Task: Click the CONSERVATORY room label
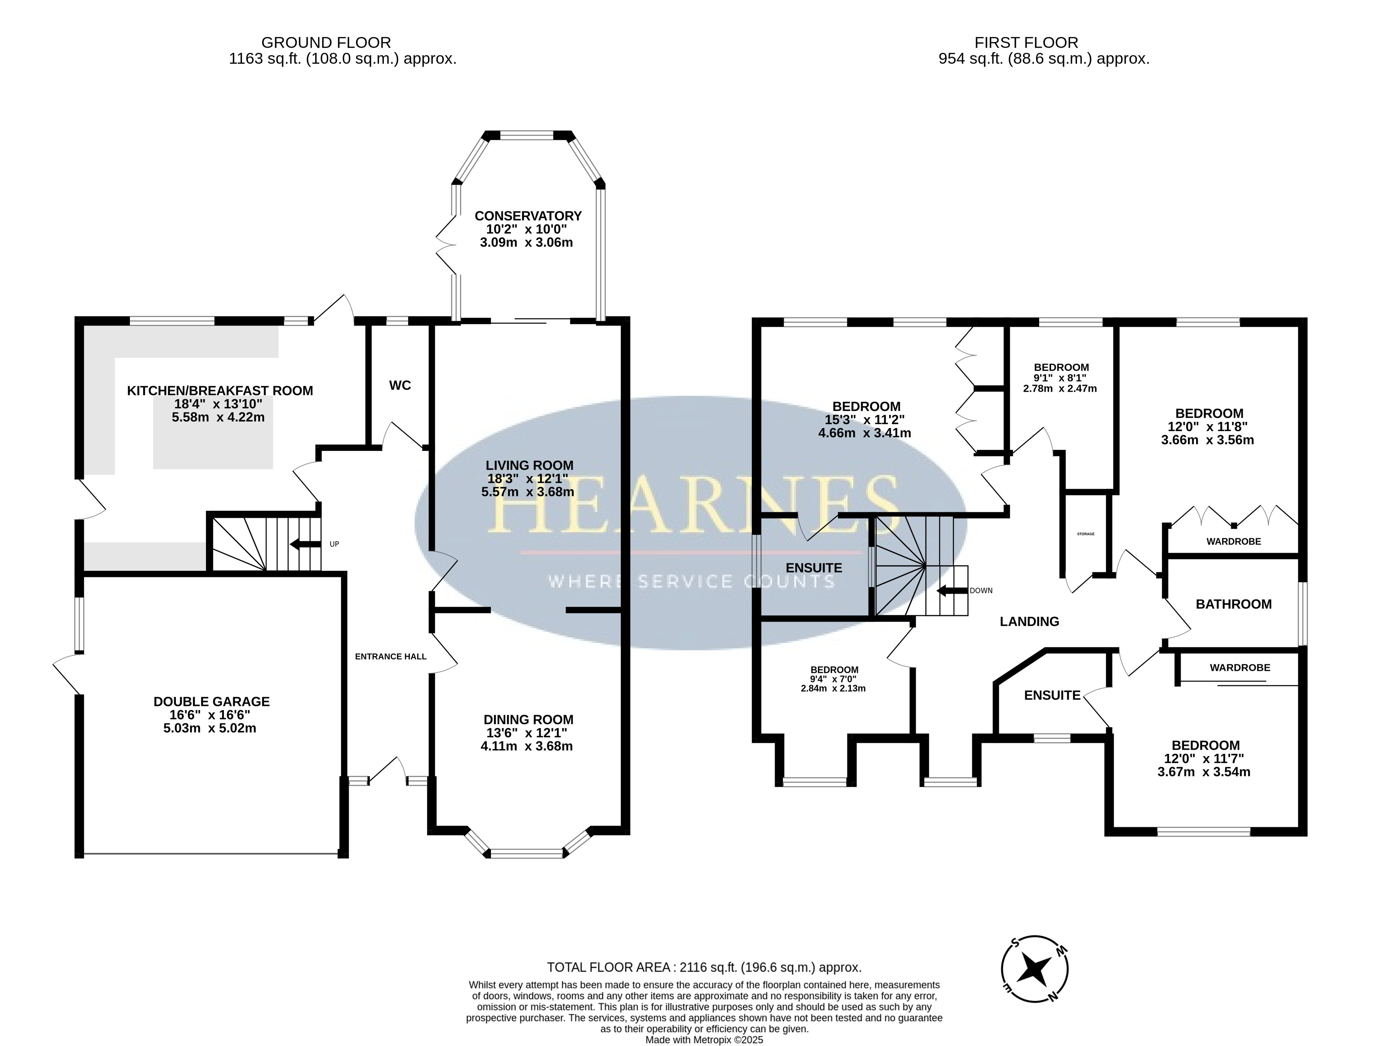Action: [x=528, y=216]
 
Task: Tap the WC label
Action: [x=400, y=386]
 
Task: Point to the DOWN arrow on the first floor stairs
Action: [x=951, y=590]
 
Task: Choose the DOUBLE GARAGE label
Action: [x=212, y=702]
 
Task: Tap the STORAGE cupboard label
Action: [x=1086, y=534]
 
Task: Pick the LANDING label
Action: [x=1029, y=622]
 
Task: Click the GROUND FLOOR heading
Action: [x=326, y=43]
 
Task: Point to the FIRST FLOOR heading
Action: [x=1026, y=43]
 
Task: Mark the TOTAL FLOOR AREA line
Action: [x=704, y=967]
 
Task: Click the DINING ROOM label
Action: [x=528, y=720]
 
